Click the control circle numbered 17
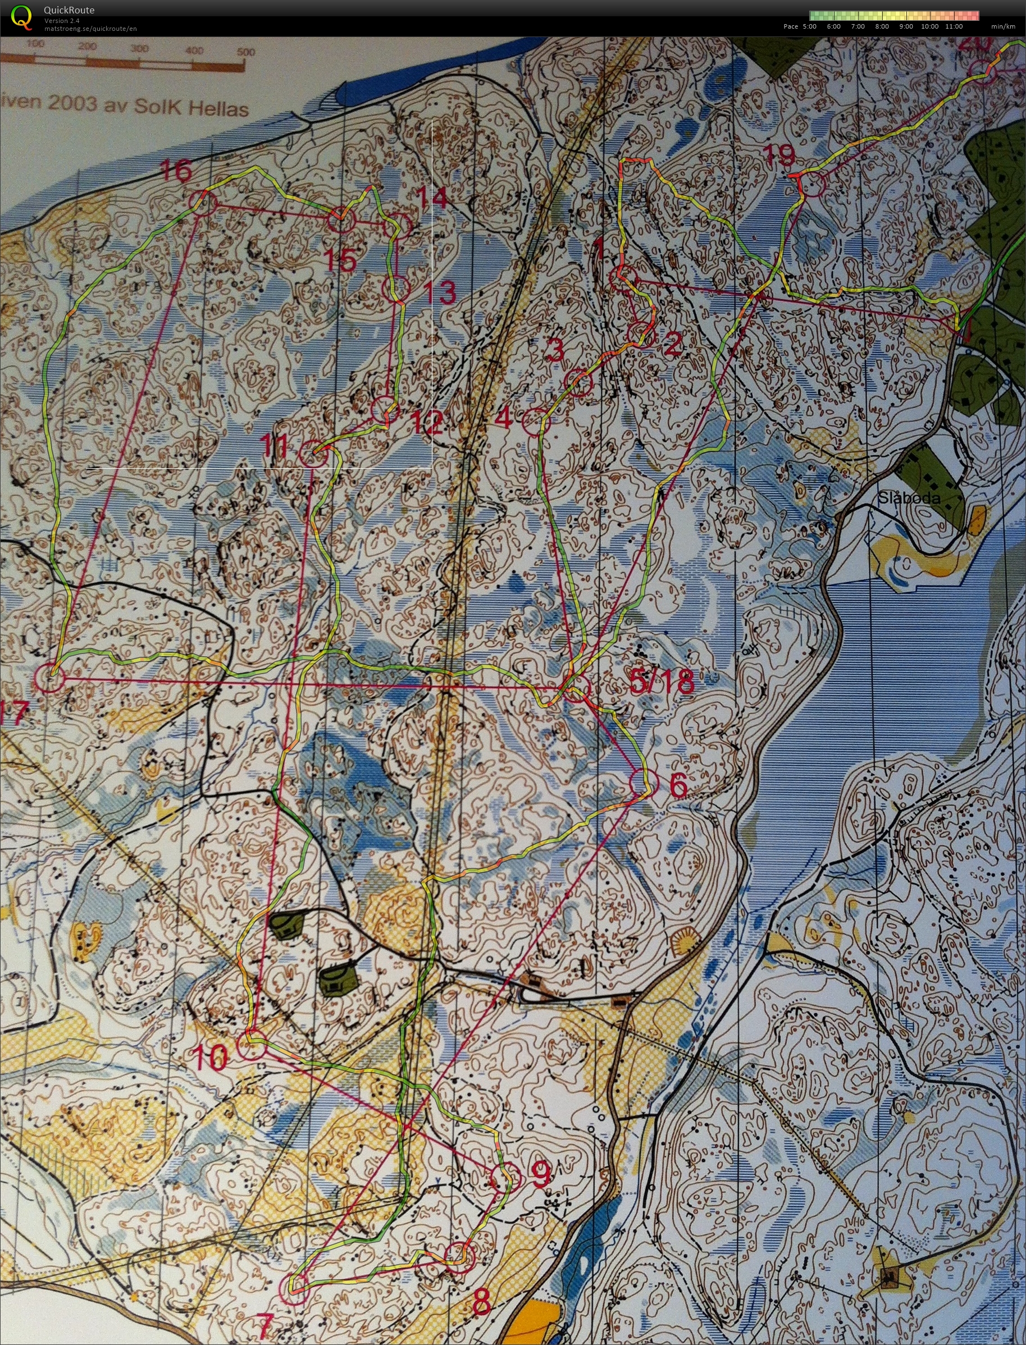(50, 678)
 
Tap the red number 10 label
(211, 1057)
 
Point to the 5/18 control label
(662, 682)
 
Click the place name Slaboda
(909, 498)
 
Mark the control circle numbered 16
(203, 203)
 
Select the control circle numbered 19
(811, 184)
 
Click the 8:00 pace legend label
(881, 26)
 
